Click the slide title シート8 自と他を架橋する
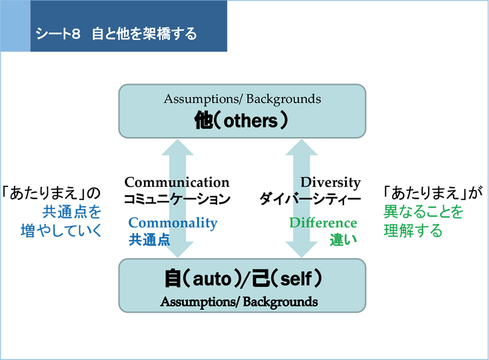point(116,34)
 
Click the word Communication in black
point(177,182)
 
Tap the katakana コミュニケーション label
point(177,199)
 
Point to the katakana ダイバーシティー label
point(310,199)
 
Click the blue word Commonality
point(173,223)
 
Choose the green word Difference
point(323,223)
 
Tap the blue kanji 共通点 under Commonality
point(149,239)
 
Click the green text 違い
point(343,239)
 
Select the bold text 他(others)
point(241,121)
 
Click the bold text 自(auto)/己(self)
point(243,279)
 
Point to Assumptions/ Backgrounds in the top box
point(242,99)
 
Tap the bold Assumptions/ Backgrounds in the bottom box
point(239,302)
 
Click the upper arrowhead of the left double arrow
point(178,148)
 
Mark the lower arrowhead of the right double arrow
point(302,250)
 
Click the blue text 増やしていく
point(61,231)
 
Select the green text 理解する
point(413,231)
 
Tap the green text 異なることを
point(423,212)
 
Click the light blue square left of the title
point(15,26)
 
